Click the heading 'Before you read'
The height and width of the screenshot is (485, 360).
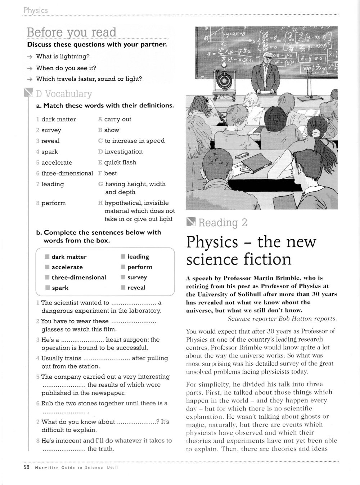pos(71,32)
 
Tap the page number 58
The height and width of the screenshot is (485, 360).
pos(26,467)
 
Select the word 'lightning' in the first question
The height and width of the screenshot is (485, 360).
pos(77,57)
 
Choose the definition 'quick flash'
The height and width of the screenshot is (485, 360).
pos(120,163)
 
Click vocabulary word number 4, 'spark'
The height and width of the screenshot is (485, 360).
pos(49,152)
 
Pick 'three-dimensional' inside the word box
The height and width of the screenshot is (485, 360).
pos(78,277)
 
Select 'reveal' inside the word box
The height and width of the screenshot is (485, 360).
pos(136,288)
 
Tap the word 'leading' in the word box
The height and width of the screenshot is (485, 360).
pos(138,257)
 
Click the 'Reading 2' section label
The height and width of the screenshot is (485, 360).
pos(222,223)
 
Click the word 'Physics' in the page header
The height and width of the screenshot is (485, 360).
pos(35,10)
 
